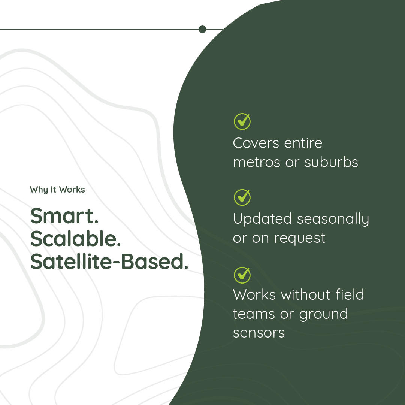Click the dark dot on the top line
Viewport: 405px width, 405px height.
pyautogui.click(x=202, y=29)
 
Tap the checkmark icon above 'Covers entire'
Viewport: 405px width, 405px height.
pyautogui.click(x=242, y=121)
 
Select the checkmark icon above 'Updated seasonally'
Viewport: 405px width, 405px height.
pyautogui.click(x=242, y=197)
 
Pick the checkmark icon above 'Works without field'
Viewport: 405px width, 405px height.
pyautogui.click(x=242, y=275)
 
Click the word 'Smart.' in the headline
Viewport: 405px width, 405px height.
pyautogui.click(x=64, y=216)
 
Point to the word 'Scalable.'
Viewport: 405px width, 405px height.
pyautogui.click(x=75, y=238)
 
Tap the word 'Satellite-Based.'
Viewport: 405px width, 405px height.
pyautogui.click(x=109, y=262)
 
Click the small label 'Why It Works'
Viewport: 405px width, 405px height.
pyautogui.click(x=57, y=190)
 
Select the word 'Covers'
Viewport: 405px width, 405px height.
pyautogui.click(x=256, y=143)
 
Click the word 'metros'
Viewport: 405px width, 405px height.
pyautogui.click(x=257, y=163)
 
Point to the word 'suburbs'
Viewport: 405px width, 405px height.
pyautogui.click(x=331, y=162)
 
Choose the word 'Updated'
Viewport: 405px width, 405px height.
pyautogui.click(x=262, y=218)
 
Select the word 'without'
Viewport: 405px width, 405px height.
pyautogui.click(x=306, y=295)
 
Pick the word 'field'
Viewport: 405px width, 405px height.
pyautogui.click(x=350, y=294)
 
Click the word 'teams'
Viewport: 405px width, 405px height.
pyautogui.click(x=254, y=314)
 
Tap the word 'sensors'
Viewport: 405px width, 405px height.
pyautogui.click(x=259, y=333)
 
